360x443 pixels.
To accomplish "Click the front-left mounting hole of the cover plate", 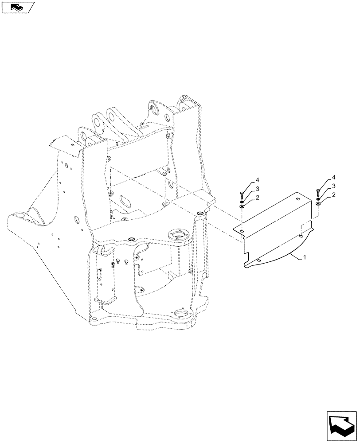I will click(x=242, y=231).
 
